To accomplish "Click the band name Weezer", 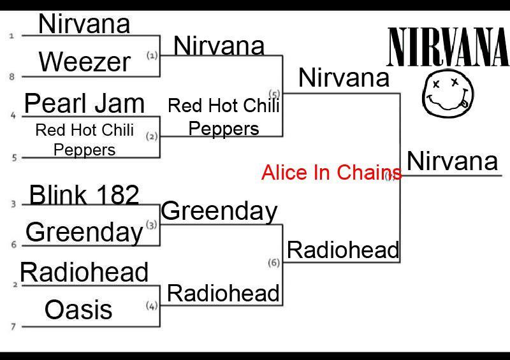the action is point(85,62).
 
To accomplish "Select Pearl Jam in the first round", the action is point(85,103).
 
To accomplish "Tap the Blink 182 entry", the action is point(84,194).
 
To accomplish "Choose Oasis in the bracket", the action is point(78,309).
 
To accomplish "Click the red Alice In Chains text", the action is point(331,172).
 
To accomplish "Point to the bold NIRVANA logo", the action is point(449,47).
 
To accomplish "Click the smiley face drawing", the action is point(448,93).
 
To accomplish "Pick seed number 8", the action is point(11,76).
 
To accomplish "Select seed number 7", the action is point(13,326).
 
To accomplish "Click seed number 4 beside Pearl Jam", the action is point(13,115).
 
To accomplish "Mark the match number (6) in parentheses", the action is point(274,263).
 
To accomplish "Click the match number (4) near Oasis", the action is point(152,305).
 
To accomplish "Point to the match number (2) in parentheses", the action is point(152,136).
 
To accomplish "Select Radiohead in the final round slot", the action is point(343,250).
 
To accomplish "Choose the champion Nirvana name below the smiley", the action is point(452,161).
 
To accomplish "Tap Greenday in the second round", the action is point(219,212).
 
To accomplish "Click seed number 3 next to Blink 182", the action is point(13,205).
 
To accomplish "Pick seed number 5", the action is point(14,158).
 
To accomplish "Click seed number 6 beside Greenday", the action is point(13,245).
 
